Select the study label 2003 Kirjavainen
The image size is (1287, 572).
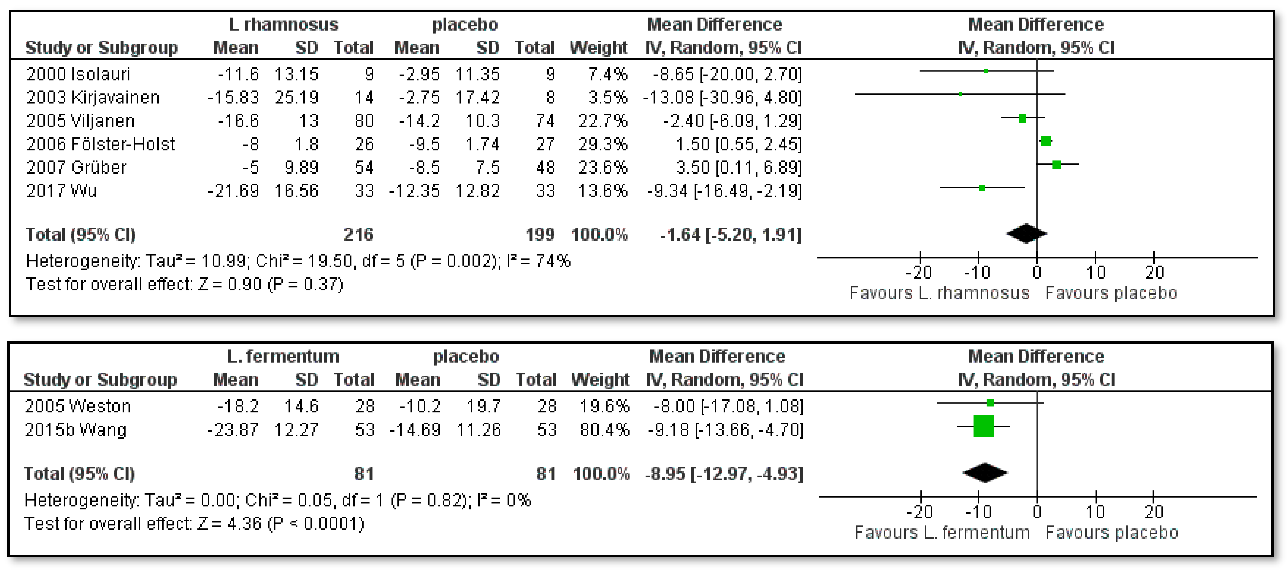pyautogui.click(x=93, y=98)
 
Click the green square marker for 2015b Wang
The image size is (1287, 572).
pyautogui.click(x=983, y=427)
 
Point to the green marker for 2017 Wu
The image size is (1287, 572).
pyautogui.click(x=982, y=188)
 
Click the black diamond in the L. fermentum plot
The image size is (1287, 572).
pyautogui.click(x=985, y=473)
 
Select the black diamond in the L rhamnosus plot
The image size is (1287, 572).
pyautogui.click(x=1026, y=233)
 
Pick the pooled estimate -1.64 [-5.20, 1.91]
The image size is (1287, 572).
pyautogui.click(x=731, y=234)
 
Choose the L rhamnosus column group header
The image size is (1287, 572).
pyautogui.click(x=283, y=24)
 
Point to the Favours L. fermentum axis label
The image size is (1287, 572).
pyautogui.click(x=942, y=533)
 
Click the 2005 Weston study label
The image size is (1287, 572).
pyautogui.click(x=78, y=406)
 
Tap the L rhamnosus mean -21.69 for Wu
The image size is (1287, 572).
pyautogui.click(x=233, y=191)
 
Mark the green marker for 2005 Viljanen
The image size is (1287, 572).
pyautogui.click(x=1022, y=118)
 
